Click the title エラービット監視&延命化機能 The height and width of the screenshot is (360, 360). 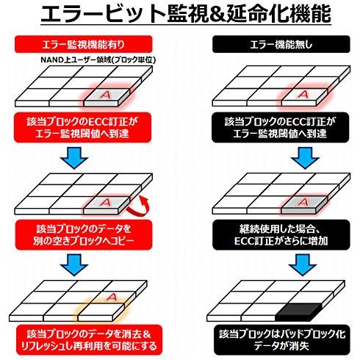(x=186, y=14)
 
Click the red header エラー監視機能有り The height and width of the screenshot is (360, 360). (x=83, y=44)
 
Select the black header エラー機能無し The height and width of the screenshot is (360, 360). (x=281, y=44)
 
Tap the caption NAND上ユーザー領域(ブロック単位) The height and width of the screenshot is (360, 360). (x=98, y=60)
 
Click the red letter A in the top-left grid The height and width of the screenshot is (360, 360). (x=105, y=95)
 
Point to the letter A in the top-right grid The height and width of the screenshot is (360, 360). (x=303, y=94)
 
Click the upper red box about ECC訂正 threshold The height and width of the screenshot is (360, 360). (x=83, y=127)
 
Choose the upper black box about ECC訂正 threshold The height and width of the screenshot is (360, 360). (x=281, y=127)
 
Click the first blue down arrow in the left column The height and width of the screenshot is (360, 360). (x=74, y=158)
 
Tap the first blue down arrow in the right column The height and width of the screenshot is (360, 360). (x=305, y=158)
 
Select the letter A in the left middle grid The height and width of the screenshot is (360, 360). (x=105, y=203)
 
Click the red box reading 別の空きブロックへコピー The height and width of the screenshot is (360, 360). (x=84, y=235)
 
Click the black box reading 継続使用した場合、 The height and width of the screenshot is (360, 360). (x=281, y=235)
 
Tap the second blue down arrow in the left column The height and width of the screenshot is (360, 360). (x=74, y=265)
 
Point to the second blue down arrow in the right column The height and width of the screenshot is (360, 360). (x=303, y=265)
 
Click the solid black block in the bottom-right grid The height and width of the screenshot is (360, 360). (x=298, y=311)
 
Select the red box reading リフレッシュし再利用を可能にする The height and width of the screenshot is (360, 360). (x=89, y=340)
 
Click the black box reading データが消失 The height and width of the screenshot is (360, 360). (x=281, y=340)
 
